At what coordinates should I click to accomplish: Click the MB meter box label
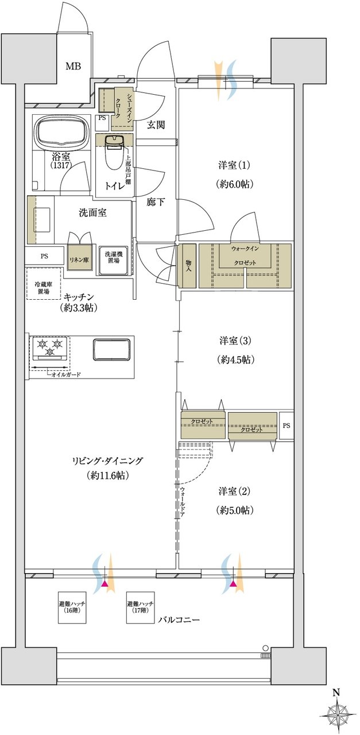[x=73, y=67]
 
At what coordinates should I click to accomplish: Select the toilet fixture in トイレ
[x=114, y=152]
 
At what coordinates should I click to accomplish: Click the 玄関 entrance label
[x=156, y=125]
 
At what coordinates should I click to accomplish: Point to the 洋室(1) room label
[x=234, y=165]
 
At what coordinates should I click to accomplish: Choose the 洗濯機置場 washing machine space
[x=112, y=261]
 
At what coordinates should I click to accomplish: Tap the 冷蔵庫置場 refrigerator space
[x=44, y=283]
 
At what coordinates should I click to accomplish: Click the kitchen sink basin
[x=111, y=350]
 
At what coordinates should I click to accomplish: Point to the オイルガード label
[x=66, y=374]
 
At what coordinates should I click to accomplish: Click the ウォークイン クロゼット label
[x=245, y=256]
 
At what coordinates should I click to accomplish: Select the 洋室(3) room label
[x=235, y=341]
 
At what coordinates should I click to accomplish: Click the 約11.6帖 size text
[x=107, y=475]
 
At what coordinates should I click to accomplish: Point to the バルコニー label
[x=179, y=620]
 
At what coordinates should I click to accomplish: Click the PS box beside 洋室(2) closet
[x=287, y=426]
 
